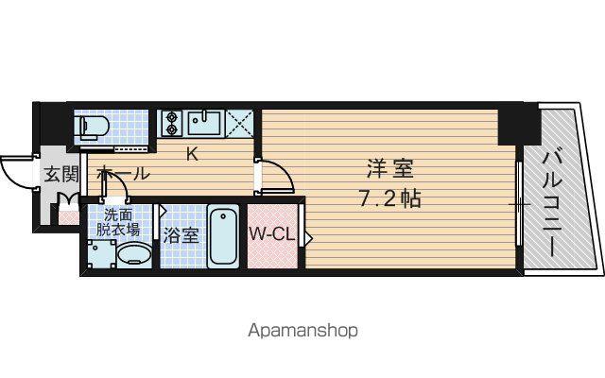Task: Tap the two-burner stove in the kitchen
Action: pos(171,123)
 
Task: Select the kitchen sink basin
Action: pos(204,123)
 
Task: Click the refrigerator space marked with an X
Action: pos(239,124)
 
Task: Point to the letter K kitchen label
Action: pos(193,155)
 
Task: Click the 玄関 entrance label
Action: pos(61,174)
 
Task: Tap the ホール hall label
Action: pos(124,173)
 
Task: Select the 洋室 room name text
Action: pos(390,169)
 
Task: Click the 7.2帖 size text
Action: pos(389,198)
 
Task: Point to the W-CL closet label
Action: pos(271,233)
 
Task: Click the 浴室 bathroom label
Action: pos(181,235)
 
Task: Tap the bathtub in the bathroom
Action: pos(223,235)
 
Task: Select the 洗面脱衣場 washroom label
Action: pos(117,222)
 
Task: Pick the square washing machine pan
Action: pos(101,254)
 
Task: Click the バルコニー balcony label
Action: pos(552,203)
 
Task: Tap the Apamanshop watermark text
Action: pos(302,331)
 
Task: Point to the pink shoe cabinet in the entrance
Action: pos(69,217)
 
